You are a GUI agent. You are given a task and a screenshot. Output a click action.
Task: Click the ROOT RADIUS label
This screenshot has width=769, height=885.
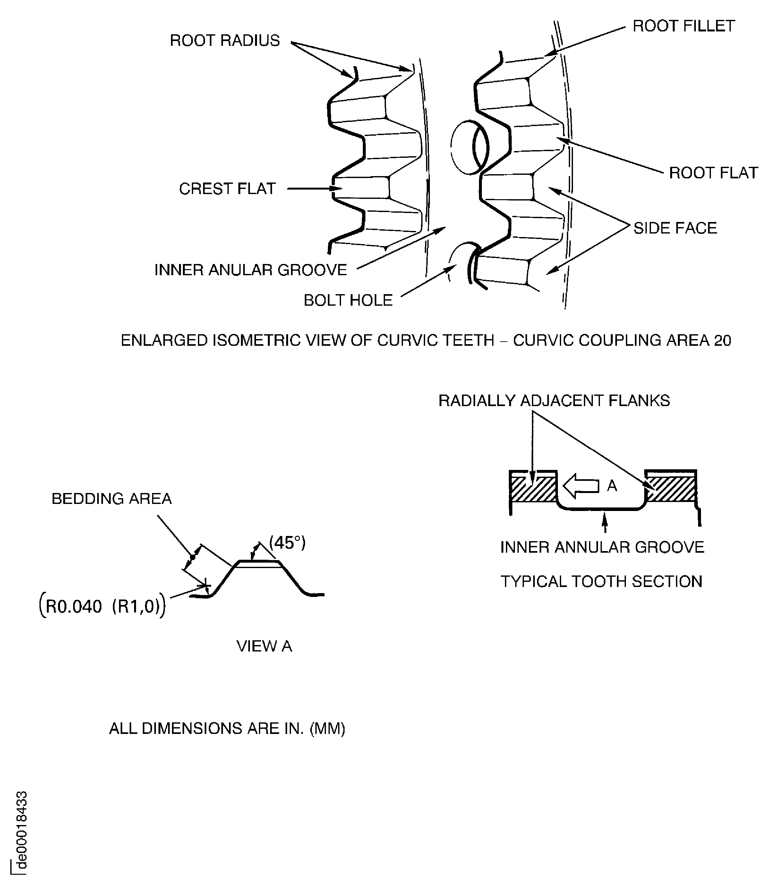pyautogui.click(x=225, y=40)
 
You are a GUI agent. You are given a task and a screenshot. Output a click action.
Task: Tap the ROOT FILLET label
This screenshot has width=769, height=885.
pyautogui.click(x=684, y=26)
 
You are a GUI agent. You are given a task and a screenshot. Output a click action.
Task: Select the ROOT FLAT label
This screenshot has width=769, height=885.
pyautogui.click(x=713, y=173)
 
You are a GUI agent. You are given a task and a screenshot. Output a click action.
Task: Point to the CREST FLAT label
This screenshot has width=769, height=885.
pyautogui.click(x=227, y=189)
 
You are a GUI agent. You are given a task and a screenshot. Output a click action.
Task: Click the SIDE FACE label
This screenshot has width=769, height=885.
pyautogui.click(x=675, y=228)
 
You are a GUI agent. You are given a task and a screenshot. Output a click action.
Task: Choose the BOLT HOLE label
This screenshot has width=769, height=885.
pyautogui.click(x=348, y=300)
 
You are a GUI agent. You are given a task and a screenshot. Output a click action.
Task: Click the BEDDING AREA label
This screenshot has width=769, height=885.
pyautogui.click(x=112, y=498)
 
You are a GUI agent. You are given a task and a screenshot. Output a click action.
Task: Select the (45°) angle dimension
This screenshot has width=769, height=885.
pyautogui.click(x=287, y=543)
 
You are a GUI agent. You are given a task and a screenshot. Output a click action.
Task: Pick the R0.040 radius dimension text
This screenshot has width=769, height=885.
pyautogui.click(x=74, y=607)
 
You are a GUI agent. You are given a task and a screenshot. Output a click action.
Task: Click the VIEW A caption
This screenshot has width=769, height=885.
pyautogui.click(x=264, y=646)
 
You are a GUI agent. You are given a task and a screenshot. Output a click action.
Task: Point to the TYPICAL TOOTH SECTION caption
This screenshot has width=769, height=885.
pyautogui.click(x=602, y=582)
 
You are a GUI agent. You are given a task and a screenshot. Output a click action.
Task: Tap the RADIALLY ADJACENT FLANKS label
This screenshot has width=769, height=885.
pyautogui.click(x=554, y=401)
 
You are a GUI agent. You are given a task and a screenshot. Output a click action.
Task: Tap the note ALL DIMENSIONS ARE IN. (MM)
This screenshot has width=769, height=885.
pyautogui.click(x=227, y=728)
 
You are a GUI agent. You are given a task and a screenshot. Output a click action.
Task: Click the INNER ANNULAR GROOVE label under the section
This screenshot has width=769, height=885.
pyautogui.click(x=602, y=547)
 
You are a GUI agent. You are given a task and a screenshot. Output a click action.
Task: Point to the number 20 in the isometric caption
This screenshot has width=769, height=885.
pyautogui.click(x=722, y=340)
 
